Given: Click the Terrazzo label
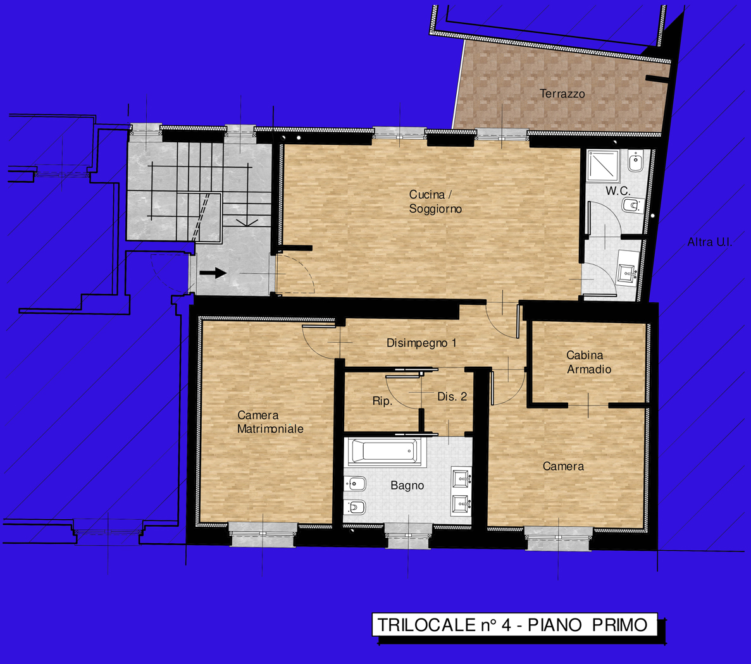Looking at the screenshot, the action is (x=562, y=94).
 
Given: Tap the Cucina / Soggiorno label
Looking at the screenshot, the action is (x=435, y=202).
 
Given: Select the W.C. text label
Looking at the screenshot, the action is (x=618, y=190).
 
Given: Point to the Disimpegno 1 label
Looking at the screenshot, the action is (x=421, y=343).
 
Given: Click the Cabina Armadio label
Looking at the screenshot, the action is (x=589, y=362).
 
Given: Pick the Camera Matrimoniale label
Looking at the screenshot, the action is (x=270, y=422).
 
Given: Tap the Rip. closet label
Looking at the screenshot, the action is (x=382, y=401).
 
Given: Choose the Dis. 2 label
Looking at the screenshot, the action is (x=452, y=397).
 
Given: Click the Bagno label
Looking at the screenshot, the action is (x=407, y=486).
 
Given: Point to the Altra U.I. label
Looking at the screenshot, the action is (x=710, y=242).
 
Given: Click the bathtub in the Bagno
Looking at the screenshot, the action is (x=385, y=451).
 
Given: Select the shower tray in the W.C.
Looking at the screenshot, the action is (x=603, y=166).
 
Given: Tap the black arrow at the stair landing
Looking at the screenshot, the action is (x=213, y=273).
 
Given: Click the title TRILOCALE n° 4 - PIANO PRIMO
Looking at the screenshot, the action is (x=512, y=625).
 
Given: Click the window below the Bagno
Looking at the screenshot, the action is (x=409, y=535).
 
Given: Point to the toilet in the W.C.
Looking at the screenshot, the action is (x=633, y=206).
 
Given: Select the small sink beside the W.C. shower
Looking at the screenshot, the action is (x=636, y=161).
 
